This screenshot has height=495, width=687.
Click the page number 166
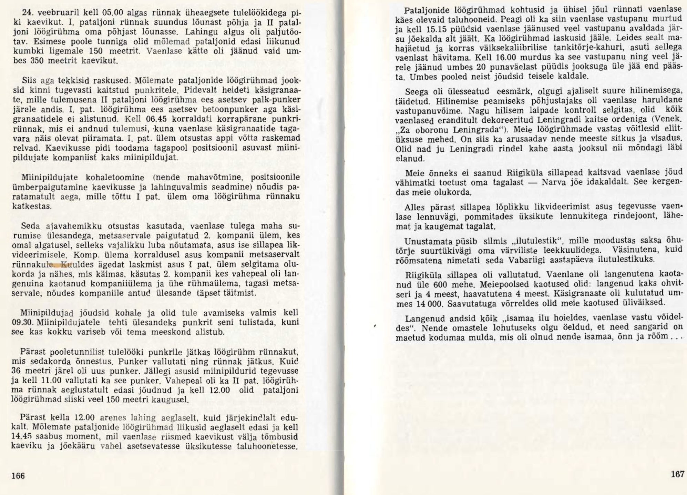tap(18, 476)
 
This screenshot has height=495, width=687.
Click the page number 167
tap(677, 474)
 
